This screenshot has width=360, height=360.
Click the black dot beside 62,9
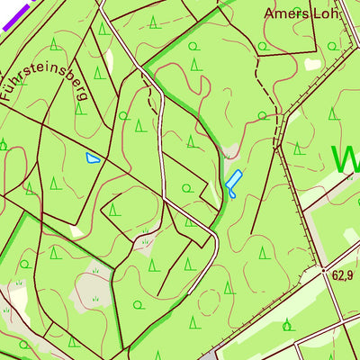tap(324, 268)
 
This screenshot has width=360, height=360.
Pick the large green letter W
tap(346, 159)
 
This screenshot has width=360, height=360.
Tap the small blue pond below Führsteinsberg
tap(93, 158)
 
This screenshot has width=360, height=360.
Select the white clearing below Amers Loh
tap(312, 65)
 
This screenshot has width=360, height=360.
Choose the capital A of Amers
tap(270, 14)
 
